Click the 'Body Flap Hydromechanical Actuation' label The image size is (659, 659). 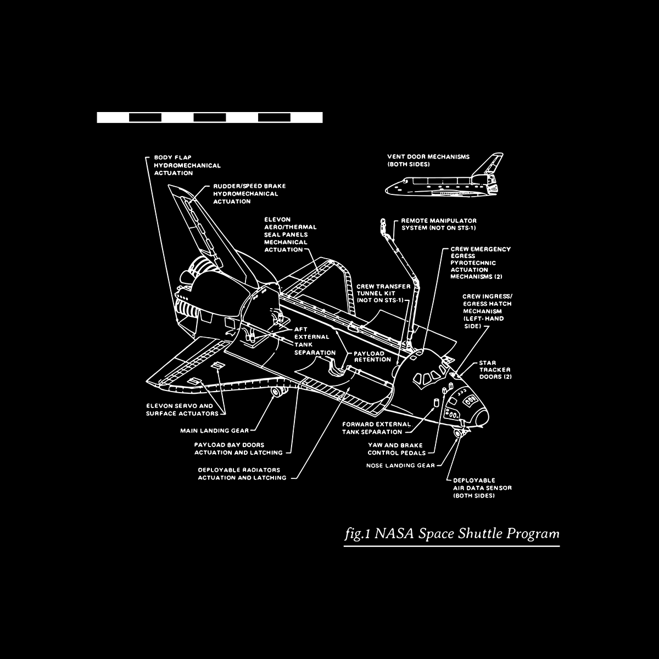[187, 165]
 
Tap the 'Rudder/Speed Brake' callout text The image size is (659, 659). [249, 194]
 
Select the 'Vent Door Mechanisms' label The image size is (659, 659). [428, 160]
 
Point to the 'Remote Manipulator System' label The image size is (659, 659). [439, 224]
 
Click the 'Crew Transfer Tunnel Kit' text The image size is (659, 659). [383, 293]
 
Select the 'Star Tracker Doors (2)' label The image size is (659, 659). [495, 370]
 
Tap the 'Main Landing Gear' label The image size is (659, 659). [214, 431]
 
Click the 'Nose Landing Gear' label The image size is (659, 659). [400, 465]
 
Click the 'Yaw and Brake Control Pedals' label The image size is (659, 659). [396, 449]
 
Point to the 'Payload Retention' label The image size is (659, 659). [372, 356]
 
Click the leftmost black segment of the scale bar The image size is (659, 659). [145, 117]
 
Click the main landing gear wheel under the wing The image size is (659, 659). [277, 392]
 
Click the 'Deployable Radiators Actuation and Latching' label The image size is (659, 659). [242, 474]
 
